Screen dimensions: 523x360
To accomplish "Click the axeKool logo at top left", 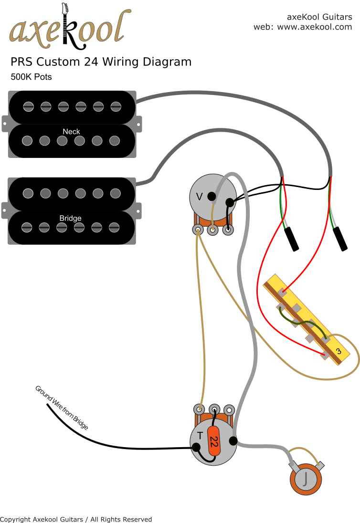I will coord(69,26).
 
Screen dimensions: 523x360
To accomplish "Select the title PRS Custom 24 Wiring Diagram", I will coord(101,62).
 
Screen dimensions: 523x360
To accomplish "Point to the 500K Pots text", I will coord(31,77).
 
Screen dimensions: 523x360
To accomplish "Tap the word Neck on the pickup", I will coord(71,131).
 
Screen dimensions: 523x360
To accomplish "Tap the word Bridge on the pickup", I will coord(70,218).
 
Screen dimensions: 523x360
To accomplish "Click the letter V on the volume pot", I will coord(200,196).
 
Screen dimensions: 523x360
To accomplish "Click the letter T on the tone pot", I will coord(199,436).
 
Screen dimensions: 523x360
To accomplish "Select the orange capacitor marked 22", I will coord(214,444).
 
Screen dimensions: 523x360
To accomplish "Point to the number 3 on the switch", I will coord(338,351).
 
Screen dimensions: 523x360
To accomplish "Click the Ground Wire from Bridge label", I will coord(62,407).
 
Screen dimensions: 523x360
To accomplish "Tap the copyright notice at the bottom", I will coord(76,519).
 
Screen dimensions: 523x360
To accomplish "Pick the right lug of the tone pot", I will coord(230,409).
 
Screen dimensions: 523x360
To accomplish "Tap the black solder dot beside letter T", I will coord(196,448).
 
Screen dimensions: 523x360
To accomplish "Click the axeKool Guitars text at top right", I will coord(319,17).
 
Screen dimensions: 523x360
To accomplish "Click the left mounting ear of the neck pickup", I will coord(5,124).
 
